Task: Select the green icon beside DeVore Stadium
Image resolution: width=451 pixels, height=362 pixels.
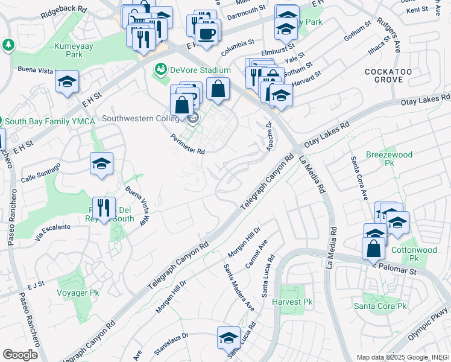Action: click(160, 70)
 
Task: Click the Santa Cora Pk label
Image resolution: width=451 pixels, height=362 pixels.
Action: click(384, 306)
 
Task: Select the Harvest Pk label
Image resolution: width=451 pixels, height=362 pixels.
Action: click(292, 302)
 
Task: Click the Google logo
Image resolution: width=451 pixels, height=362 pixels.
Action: click(20, 355)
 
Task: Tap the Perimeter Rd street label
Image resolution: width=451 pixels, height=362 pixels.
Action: click(188, 144)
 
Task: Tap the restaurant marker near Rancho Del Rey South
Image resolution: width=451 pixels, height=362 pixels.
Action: click(104, 208)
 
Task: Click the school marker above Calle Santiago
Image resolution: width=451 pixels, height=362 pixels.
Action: click(102, 163)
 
